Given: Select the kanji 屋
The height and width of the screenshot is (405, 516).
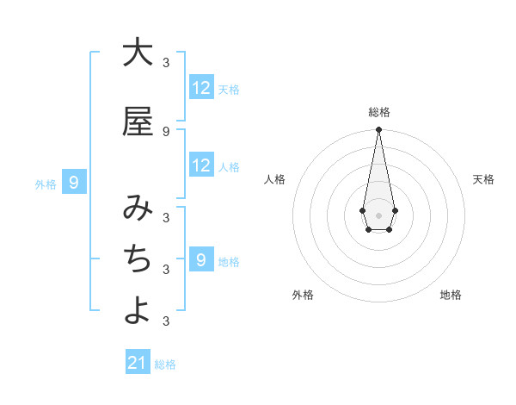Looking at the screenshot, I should [138, 122].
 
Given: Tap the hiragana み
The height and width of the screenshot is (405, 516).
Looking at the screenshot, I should [138, 208].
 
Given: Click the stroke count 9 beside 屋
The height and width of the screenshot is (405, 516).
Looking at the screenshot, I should [166, 131].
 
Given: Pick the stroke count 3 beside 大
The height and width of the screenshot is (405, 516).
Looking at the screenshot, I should [166, 62].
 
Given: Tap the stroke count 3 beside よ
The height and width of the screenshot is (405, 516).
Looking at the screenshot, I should [166, 321].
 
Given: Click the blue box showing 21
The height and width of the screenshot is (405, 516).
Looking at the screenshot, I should [138, 363].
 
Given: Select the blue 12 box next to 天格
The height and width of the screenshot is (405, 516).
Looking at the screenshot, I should [201, 88].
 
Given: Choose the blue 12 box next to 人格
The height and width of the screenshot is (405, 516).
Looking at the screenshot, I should [201, 165].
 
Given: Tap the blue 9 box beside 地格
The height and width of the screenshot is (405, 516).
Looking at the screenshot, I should [201, 260].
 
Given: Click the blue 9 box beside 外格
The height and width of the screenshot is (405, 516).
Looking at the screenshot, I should [75, 183].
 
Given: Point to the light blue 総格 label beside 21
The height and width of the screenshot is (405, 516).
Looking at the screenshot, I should [166, 364].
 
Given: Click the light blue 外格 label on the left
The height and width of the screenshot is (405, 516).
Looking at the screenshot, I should [46, 184].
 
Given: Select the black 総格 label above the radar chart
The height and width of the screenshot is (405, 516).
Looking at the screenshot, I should [378, 112].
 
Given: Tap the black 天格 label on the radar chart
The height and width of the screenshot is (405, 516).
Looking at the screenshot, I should [483, 179].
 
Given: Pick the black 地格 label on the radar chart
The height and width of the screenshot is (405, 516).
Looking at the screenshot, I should [451, 295].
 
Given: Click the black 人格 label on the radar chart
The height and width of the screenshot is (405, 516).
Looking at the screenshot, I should [274, 179].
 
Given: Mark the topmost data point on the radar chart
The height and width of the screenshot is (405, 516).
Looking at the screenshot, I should [378, 130].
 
